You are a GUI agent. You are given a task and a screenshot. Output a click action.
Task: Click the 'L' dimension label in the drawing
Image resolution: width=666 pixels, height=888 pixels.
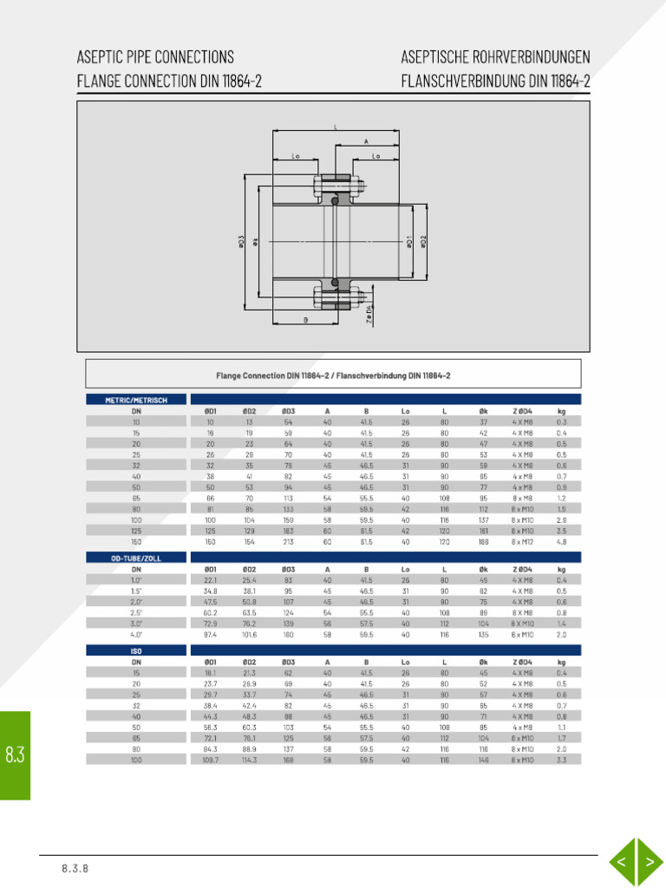336,127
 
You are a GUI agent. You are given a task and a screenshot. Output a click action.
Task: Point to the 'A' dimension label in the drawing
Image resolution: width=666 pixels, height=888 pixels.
366,140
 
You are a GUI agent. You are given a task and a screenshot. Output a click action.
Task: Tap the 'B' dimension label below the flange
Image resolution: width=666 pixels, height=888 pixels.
305,319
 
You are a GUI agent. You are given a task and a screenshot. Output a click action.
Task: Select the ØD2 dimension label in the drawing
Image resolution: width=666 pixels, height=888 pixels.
423,243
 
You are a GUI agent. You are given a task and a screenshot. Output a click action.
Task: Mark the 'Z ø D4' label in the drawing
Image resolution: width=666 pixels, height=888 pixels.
369,314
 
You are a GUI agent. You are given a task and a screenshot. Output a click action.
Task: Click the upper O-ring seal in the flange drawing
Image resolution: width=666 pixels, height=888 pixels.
336,201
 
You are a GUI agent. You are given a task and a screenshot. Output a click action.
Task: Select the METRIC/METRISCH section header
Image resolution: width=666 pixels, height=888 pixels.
136,400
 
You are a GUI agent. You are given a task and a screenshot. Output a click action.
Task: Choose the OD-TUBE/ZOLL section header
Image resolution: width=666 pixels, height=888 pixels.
136,558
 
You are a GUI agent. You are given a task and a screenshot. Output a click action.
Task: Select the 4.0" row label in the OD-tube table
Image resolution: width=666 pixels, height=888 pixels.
136,634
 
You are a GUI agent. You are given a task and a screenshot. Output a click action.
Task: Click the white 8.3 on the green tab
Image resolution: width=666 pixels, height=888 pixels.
15,755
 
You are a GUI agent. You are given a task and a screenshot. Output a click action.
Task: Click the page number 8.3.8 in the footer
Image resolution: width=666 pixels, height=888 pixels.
75,868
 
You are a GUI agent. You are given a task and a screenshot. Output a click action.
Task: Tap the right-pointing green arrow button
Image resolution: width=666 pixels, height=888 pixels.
649,862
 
